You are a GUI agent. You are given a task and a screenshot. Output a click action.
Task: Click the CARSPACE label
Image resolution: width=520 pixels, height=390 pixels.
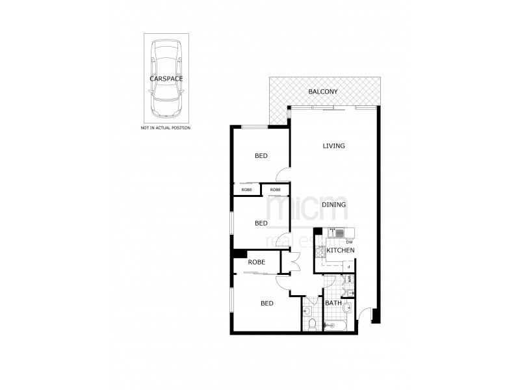166,78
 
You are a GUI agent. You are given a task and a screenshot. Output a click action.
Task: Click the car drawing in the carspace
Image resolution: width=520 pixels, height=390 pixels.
166,77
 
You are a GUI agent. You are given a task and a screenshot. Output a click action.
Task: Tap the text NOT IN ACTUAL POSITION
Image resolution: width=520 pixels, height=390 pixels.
166,129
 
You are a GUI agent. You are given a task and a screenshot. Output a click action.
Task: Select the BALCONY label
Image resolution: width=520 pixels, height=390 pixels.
323,92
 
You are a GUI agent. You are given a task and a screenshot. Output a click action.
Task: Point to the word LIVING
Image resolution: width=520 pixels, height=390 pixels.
333,146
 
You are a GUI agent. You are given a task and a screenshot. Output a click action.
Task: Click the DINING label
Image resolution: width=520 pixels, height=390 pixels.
333,204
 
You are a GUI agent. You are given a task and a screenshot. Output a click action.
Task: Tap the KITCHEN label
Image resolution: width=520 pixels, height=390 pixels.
340,250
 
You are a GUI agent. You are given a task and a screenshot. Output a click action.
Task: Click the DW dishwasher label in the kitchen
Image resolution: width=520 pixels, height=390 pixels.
349,242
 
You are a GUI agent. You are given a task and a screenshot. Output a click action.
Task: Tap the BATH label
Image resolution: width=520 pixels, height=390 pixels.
333,303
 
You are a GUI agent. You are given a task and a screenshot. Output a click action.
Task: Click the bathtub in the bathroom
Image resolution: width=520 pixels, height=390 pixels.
338,325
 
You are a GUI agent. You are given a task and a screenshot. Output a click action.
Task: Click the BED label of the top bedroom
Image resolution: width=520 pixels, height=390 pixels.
261,156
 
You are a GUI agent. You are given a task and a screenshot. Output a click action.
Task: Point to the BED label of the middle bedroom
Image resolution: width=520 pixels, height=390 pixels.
261,223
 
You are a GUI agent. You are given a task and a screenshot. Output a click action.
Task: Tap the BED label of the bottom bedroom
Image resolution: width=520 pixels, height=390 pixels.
267,303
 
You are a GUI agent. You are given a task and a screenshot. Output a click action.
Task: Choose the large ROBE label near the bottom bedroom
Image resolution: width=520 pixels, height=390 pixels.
255,262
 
